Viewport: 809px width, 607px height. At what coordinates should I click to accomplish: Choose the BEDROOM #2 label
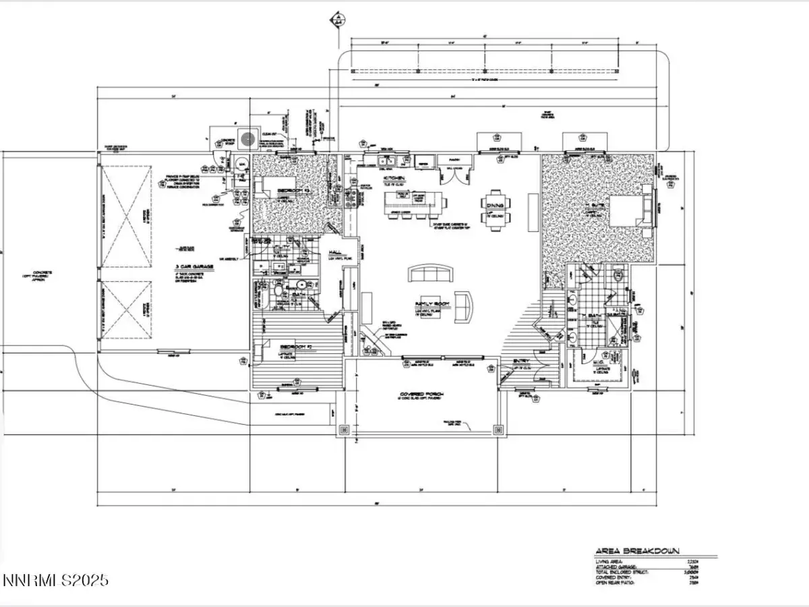click(295, 345)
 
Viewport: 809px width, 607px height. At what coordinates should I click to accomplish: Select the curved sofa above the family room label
click(431, 273)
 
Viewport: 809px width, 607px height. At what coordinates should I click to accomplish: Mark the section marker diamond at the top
click(335, 20)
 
